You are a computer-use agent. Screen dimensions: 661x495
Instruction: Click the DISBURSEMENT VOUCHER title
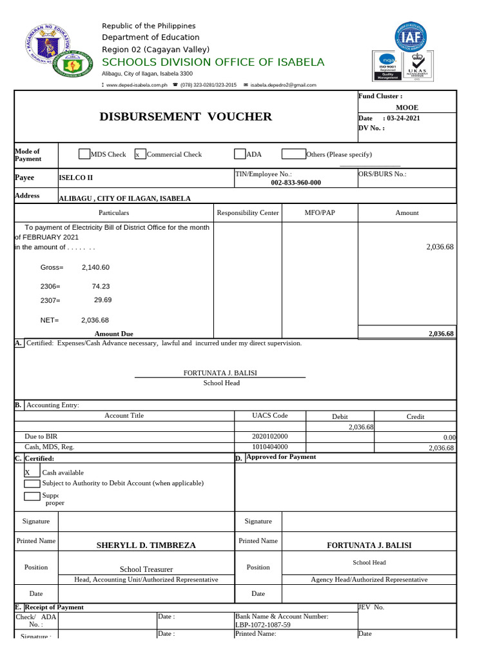click(186, 117)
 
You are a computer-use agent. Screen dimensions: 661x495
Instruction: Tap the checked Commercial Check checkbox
click(139, 154)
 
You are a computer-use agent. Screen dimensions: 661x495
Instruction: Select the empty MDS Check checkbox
click(84, 154)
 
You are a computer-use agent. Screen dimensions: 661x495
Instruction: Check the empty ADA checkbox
click(240, 154)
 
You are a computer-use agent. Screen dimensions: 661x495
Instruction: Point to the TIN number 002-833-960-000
click(296, 183)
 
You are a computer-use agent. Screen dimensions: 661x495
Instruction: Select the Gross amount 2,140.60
click(95, 267)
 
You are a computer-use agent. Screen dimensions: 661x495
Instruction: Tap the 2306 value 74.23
click(101, 286)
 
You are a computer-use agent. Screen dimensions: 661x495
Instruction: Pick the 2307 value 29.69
click(103, 300)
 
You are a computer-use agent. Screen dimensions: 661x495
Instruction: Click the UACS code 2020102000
click(270, 437)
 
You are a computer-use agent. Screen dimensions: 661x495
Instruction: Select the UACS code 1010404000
click(270, 447)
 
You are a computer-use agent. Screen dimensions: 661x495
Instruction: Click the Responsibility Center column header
click(248, 212)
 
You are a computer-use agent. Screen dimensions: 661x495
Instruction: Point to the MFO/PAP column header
click(319, 212)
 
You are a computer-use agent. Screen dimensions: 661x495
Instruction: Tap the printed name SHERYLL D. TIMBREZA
click(146, 545)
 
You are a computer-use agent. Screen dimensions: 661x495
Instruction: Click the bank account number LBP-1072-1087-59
click(263, 625)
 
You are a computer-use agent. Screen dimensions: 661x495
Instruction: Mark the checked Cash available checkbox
click(27, 473)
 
